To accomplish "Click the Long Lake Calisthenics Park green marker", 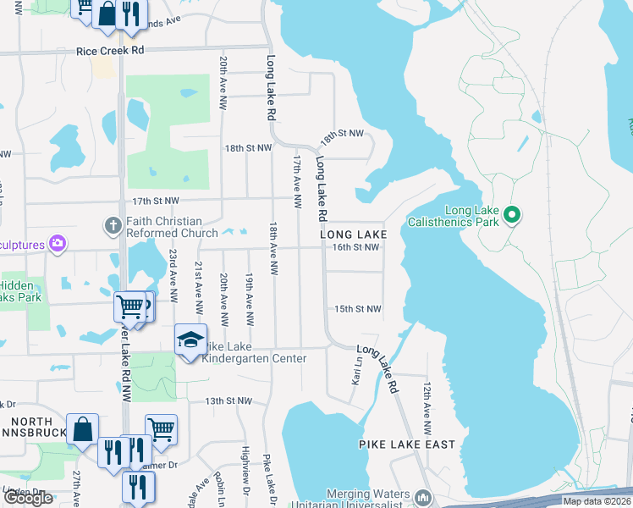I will click(x=511, y=215).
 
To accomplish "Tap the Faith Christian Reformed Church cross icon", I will click(x=111, y=226).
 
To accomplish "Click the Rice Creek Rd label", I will click(x=110, y=51).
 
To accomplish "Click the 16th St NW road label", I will click(x=355, y=247).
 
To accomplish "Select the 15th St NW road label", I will click(x=358, y=309).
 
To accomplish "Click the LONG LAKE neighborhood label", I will click(x=353, y=234).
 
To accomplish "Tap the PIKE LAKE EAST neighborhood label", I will click(x=407, y=444).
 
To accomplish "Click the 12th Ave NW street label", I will click(x=427, y=401).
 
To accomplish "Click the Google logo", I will click(x=28, y=499).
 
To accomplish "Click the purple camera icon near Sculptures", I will click(x=58, y=244).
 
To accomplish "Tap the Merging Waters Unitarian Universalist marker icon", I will click(x=424, y=496).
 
